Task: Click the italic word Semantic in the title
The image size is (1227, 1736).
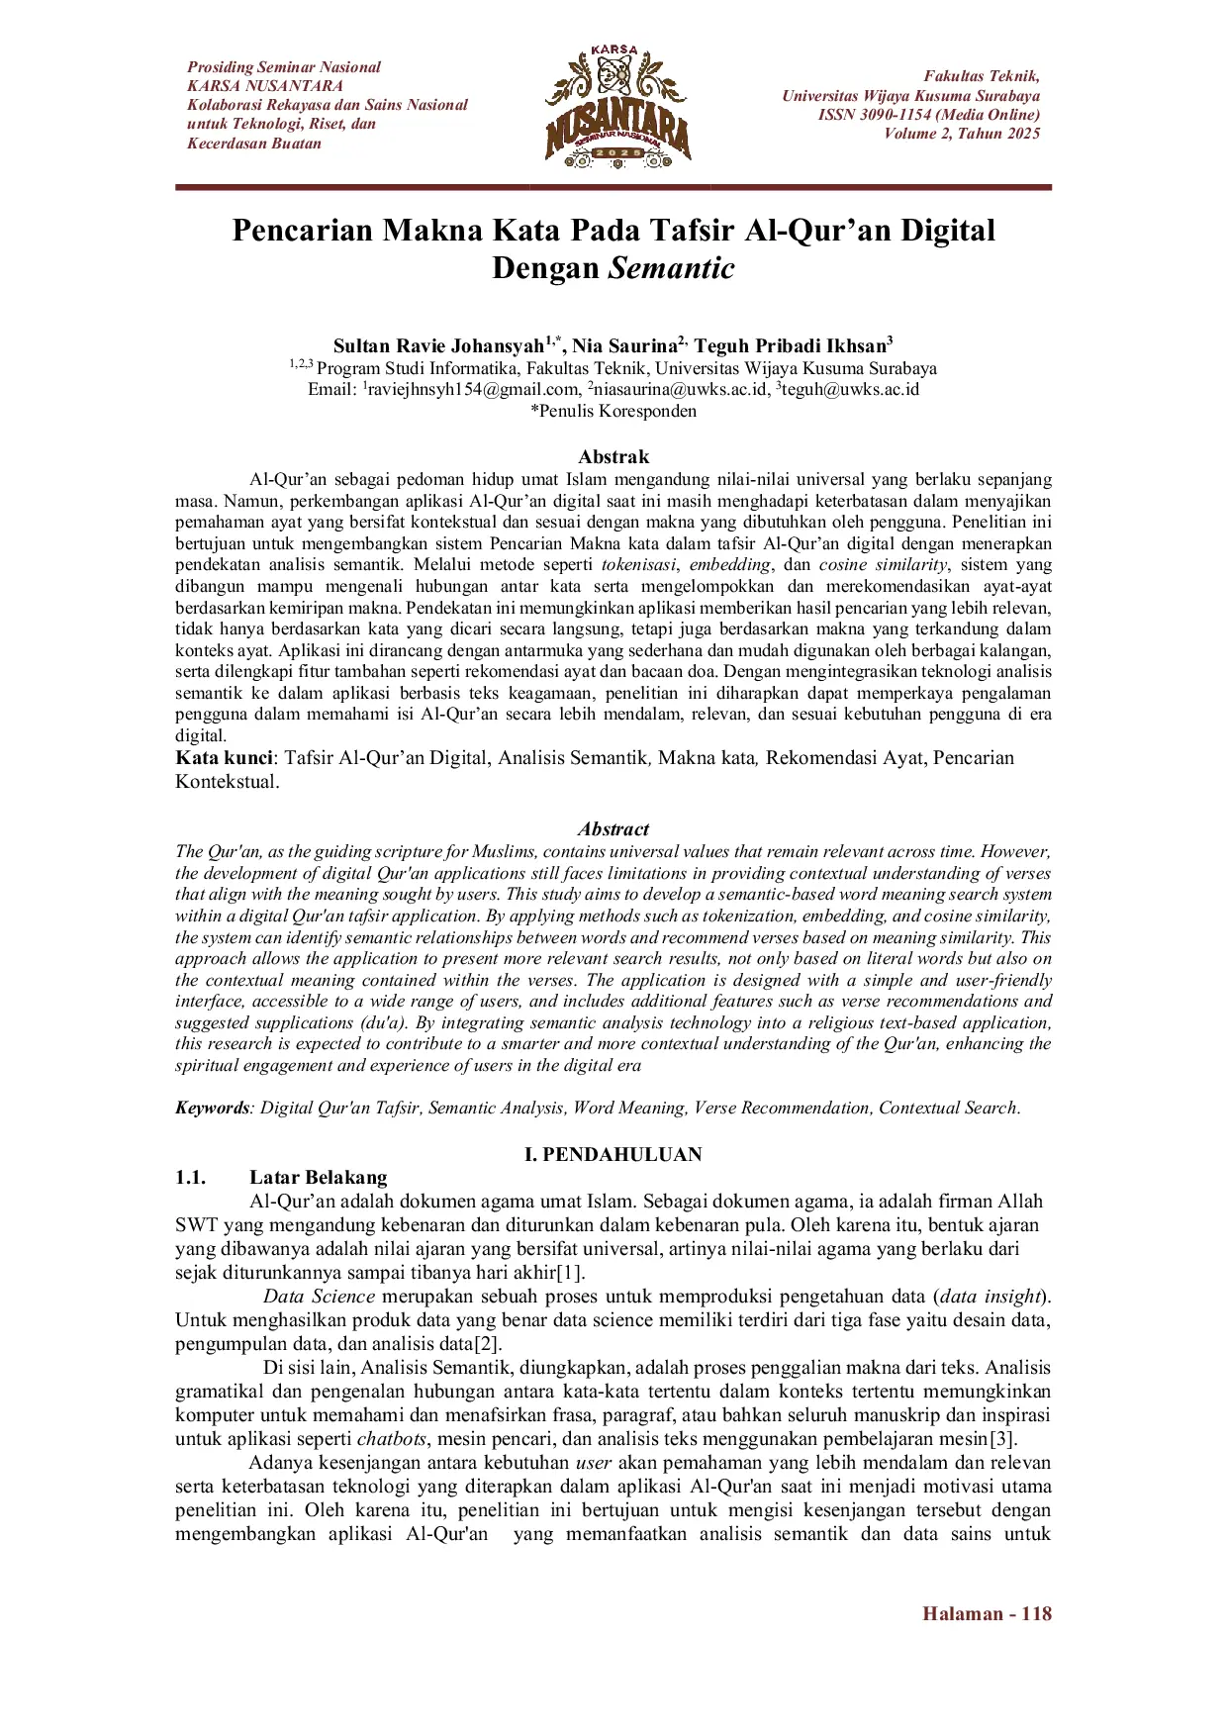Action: click(x=671, y=268)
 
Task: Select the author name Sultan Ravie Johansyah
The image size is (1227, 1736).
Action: click(x=438, y=346)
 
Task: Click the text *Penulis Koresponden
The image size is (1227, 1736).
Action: click(x=613, y=411)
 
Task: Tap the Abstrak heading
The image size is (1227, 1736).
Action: click(x=613, y=456)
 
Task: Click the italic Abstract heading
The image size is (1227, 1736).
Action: click(x=613, y=829)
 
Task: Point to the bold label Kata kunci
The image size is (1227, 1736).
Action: click(x=224, y=758)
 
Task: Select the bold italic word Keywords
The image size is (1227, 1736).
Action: click(x=212, y=1108)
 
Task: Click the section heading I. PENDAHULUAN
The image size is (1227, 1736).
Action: click(x=613, y=1154)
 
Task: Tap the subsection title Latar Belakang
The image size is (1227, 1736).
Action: click(x=318, y=1178)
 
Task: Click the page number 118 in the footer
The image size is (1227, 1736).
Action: click(x=1036, y=1613)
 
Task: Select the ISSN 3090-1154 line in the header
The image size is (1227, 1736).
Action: click(x=928, y=115)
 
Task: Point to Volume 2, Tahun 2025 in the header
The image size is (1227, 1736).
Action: click(x=962, y=134)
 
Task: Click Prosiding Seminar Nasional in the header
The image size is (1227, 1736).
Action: click(x=284, y=67)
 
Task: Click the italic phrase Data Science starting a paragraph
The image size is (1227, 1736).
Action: click(x=319, y=1297)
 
